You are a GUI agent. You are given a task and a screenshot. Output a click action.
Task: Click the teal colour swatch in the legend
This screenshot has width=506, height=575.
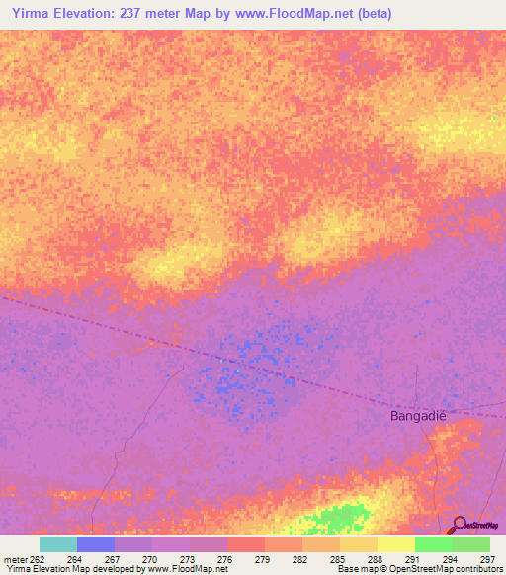[x=57, y=544]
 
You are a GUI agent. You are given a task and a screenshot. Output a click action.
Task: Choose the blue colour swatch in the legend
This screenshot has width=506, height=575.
[x=95, y=544]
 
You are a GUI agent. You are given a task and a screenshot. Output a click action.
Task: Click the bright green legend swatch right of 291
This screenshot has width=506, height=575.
[x=433, y=544]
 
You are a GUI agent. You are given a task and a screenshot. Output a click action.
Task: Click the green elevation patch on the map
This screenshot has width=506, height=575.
[x=336, y=520]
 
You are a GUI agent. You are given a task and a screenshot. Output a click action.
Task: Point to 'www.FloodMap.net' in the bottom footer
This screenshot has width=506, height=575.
[x=187, y=569]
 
